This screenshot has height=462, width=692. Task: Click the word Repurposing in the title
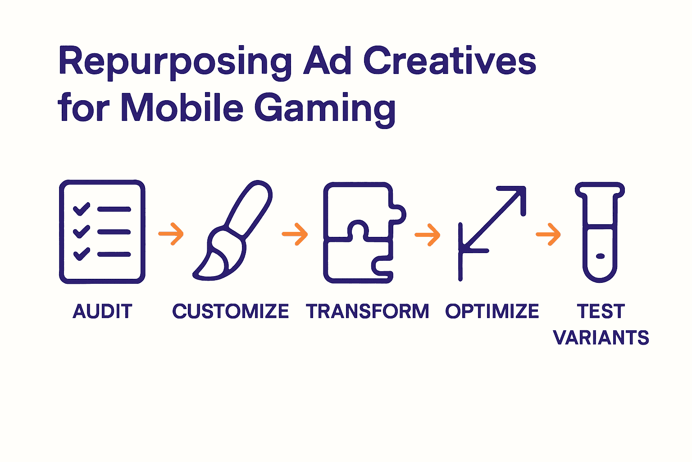click(x=175, y=62)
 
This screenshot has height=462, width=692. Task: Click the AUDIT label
click(x=103, y=311)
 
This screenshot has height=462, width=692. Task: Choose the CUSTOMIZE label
click(x=230, y=311)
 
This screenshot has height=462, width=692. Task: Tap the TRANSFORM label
click(x=367, y=311)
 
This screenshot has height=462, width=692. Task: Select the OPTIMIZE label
click(x=492, y=311)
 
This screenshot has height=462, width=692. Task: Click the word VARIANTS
click(x=601, y=337)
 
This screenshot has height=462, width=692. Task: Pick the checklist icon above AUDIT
click(x=102, y=231)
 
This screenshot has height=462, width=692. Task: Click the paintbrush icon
click(x=232, y=231)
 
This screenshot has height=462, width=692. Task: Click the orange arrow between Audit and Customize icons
click(x=171, y=234)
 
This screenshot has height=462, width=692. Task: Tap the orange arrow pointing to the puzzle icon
click(x=295, y=234)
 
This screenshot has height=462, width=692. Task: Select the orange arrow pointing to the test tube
click(x=548, y=234)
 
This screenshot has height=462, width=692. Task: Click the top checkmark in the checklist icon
click(x=82, y=209)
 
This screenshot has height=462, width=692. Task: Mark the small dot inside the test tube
click(x=600, y=256)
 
